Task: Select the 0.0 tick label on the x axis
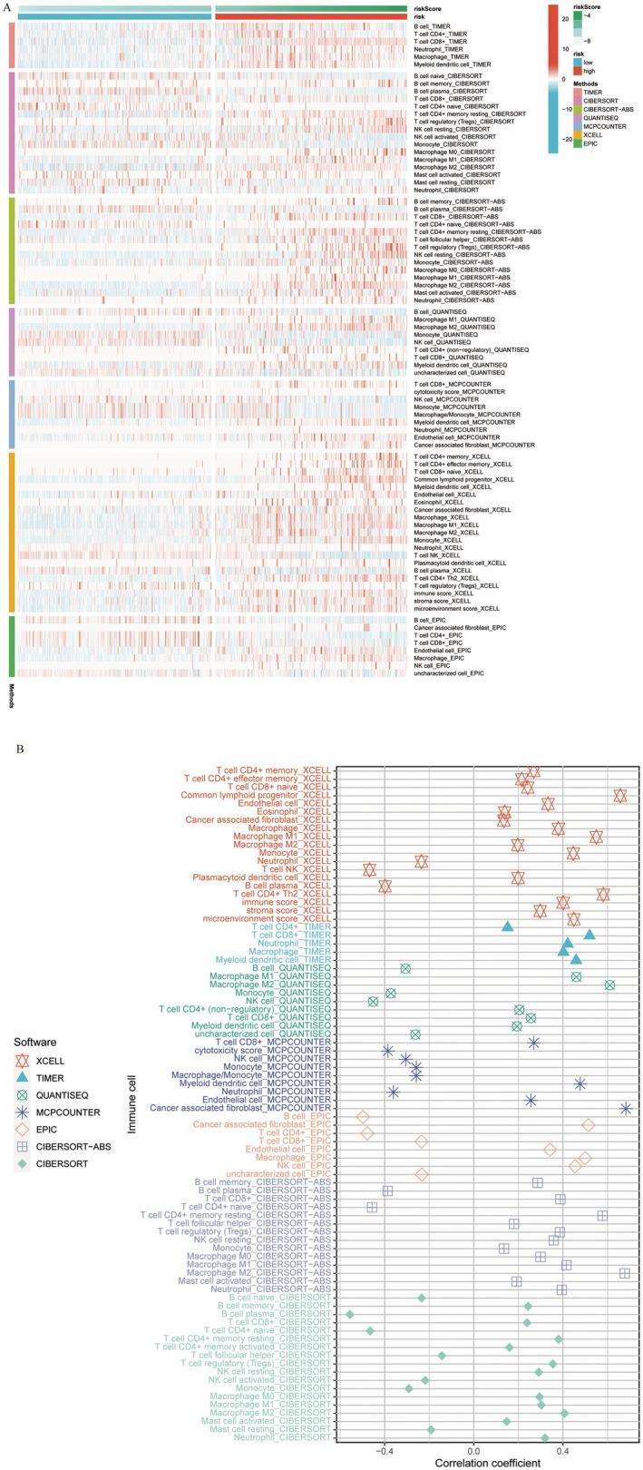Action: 473,1446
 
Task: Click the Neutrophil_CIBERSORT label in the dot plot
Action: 280,1437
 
